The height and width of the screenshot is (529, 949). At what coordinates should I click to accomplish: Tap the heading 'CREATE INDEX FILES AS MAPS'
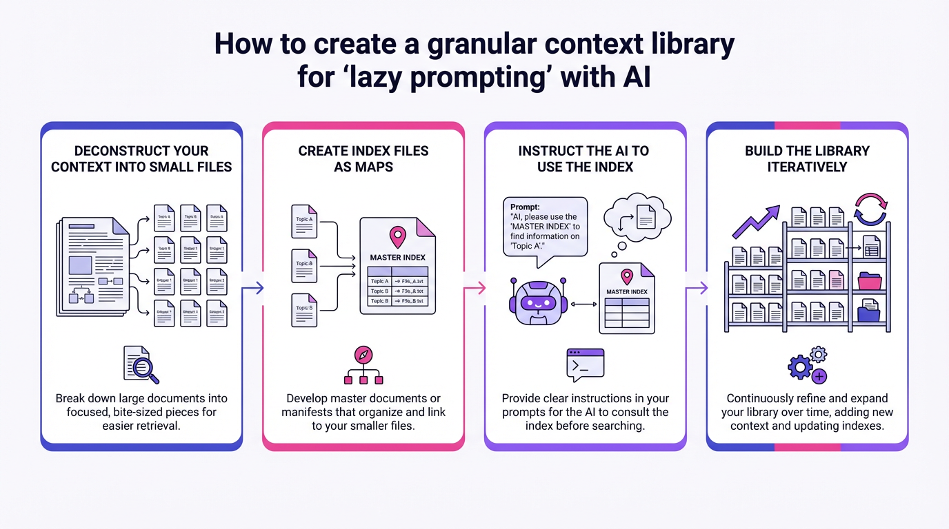pyautogui.click(x=363, y=159)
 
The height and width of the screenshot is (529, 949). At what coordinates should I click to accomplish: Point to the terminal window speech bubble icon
pyautogui.click(x=585, y=364)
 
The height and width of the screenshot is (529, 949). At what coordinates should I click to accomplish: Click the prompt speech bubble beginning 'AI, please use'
pyautogui.click(x=545, y=229)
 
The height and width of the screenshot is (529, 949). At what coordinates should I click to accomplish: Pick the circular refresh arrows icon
pyautogui.click(x=871, y=209)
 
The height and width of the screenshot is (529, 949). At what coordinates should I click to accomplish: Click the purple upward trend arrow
pyautogui.click(x=757, y=221)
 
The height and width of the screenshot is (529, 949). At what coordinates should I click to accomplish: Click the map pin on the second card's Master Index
pyautogui.click(x=397, y=238)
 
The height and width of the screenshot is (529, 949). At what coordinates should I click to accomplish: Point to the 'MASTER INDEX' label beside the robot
pyautogui.click(x=626, y=292)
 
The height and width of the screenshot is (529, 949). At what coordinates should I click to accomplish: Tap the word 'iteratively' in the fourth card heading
pyautogui.click(x=807, y=167)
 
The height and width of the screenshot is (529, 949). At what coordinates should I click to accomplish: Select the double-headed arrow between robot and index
pyautogui.click(x=583, y=304)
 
